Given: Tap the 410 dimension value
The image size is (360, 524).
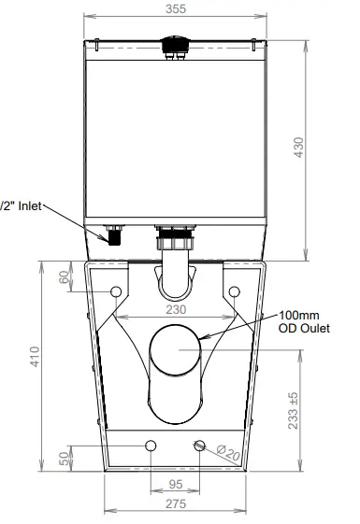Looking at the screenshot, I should [x=35, y=358].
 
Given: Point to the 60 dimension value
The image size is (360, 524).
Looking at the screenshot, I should [x=64, y=276].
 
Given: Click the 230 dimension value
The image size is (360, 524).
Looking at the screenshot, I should [x=175, y=309].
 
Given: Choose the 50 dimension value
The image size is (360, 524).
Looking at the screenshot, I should [x=64, y=460].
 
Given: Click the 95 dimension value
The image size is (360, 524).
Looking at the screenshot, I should [x=174, y=484].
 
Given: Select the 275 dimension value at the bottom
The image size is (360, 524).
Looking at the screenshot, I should [x=175, y=503].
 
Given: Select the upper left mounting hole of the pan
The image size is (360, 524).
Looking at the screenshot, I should [x=117, y=292].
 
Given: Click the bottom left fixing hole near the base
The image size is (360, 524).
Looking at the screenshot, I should [x=150, y=445].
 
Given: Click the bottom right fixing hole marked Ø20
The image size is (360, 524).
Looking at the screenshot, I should [x=197, y=445].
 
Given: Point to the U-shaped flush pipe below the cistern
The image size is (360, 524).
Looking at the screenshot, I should [x=175, y=271].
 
